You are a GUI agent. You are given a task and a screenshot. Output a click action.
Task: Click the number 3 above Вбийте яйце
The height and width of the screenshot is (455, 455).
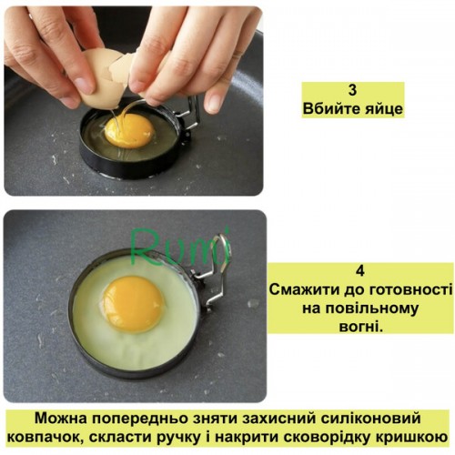(x=352, y=90)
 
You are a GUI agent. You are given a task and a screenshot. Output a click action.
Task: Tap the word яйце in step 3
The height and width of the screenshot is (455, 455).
(x=386, y=109)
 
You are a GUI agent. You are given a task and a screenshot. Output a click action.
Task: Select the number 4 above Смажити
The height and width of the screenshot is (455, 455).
(x=360, y=270)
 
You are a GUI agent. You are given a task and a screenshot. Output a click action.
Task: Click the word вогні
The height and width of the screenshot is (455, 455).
(x=360, y=327)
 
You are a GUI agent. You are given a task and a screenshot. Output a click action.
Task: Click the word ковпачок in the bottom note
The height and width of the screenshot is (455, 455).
(x=44, y=438)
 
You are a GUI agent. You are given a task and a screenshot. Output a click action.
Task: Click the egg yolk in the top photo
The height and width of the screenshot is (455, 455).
(x=128, y=130)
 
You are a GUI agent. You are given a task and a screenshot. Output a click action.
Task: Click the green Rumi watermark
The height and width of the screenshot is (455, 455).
(x=179, y=248)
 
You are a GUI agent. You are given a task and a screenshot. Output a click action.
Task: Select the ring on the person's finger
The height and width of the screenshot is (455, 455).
(x=238, y=55)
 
